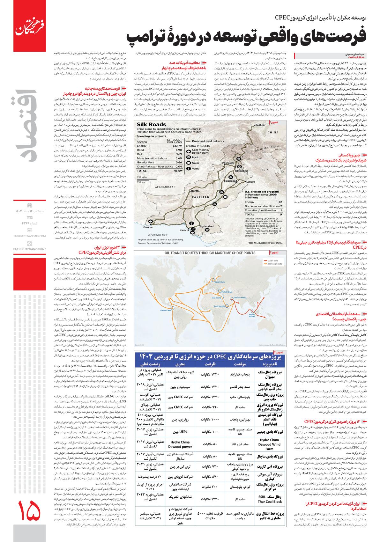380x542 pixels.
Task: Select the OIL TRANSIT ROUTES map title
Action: tap(210, 253)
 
